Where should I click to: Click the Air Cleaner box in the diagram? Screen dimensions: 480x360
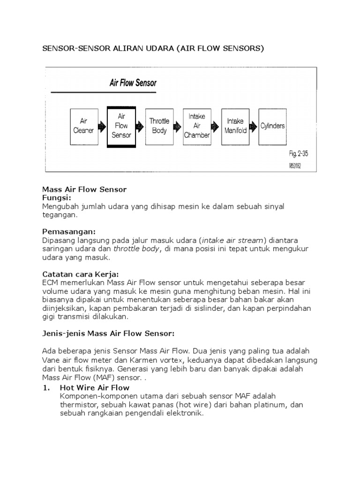(x=83, y=126)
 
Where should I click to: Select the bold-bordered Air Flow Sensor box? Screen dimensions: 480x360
(x=121, y=126)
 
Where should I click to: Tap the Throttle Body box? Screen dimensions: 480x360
(x=159, y=126)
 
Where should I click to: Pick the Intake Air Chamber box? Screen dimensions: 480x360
(x=197, y=126)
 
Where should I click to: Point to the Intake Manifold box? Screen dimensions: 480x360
(x=235, y=126)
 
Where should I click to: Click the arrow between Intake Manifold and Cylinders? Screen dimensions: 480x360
(x=254, y=126)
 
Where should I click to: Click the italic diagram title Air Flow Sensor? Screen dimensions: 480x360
(x=133, y=83)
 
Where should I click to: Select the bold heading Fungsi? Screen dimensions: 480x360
(x=57, y=198)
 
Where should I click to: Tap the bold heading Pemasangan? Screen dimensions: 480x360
(x=69, y=232)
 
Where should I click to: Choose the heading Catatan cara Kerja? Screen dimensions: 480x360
(x=80, y=273)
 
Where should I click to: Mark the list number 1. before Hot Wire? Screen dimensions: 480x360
(x=46, y=388)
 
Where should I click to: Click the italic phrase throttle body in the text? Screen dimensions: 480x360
(x=136, y=248)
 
